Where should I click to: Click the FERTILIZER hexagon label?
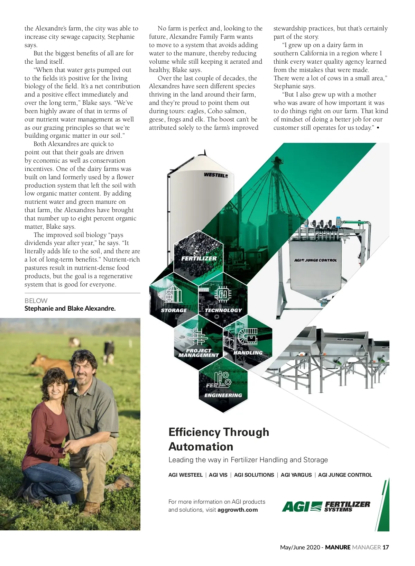(x=199, y=258)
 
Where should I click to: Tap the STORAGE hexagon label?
(x=174, y=310)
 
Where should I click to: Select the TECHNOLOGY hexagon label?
(x=223, y=310)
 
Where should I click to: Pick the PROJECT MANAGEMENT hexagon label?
(x=199, y=353)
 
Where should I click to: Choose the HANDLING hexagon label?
(x=248, y=353)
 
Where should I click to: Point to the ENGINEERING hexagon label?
(x=223, y=395)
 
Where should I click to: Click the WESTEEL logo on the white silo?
(x=216, y=175)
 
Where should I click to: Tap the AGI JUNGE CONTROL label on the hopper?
(x=315, y=260)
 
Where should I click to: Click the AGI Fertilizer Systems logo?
(x=326, y=506)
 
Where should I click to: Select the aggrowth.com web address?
(x=238, y=510)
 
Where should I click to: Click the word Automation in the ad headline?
(x=201, y=447)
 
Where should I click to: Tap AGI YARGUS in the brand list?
(x=296, y=475)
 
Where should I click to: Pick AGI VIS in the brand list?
(x=218, y=475)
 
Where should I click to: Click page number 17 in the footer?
(x=386, y=547)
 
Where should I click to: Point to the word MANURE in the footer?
(x=338, y=547)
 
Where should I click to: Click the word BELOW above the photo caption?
(x=36, y=301)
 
